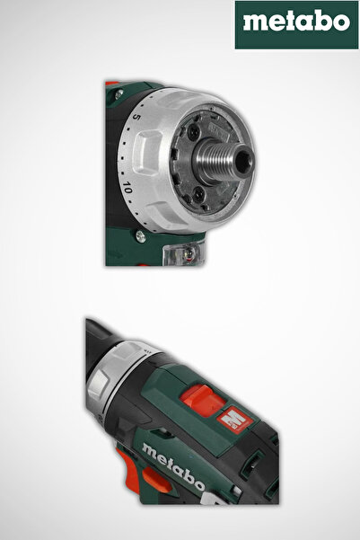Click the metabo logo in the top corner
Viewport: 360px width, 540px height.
pyautogui.click(x=296, y=25)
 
